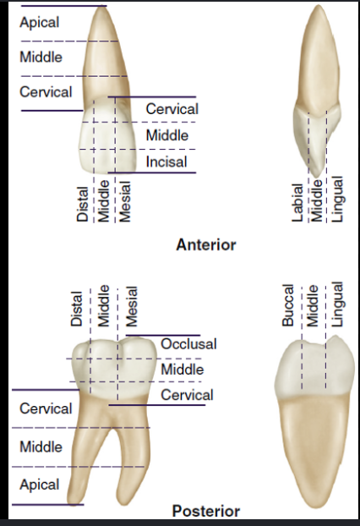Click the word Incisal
coord(166,162)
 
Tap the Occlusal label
coord(188,344)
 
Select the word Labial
coord(297,203)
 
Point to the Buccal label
coord(288,305)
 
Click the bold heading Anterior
coord(206,245)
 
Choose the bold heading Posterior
coord(206,512)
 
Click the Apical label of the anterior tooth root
coord(40,23)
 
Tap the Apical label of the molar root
coord(40,485)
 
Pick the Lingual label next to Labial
coord(337,199)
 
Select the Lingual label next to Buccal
coord(337,304)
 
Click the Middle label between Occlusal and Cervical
coord(183,370)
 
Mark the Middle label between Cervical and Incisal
coord(167,135)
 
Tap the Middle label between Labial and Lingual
coord(317,201)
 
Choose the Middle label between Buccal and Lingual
coord(313,305)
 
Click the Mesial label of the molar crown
coord(131,307)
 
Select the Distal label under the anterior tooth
coord(83,205)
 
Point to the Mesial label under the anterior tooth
coord(125,201)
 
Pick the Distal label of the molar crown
coord(76,309)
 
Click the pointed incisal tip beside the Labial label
coord(317,175)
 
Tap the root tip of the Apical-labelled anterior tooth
coord(101,7)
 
